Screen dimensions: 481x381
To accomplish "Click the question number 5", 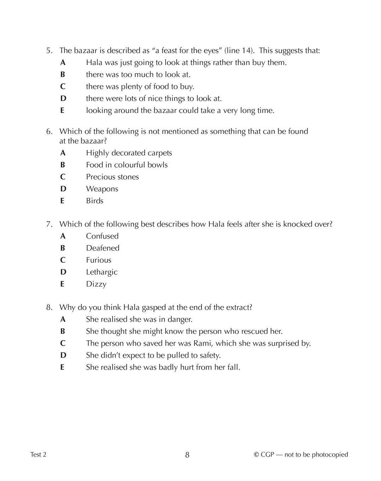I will point(49,51).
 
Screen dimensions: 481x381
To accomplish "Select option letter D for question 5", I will point(63,98).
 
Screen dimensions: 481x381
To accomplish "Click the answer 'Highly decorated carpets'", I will point(129,153).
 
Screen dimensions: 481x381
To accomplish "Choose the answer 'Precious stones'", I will point(112,177).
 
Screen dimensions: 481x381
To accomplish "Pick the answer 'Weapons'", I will point(102,189).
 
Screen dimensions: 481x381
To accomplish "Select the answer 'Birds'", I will point(94,201).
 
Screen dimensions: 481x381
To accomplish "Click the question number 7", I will point(49,224).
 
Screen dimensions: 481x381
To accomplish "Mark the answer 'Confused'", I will point(102,236).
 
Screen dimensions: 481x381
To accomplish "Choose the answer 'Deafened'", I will point(103,248).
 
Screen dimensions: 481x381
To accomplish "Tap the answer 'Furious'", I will point(98,260).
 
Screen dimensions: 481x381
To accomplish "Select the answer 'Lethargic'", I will point(102,272).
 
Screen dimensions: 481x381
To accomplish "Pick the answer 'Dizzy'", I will point(96,284).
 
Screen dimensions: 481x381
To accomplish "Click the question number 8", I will point(49,307).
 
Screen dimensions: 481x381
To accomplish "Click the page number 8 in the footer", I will point(187,455).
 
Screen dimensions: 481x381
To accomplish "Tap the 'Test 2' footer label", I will point(38,454).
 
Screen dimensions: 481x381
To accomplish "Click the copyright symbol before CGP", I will point(256,454).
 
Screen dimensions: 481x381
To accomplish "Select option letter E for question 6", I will point(62,201).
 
